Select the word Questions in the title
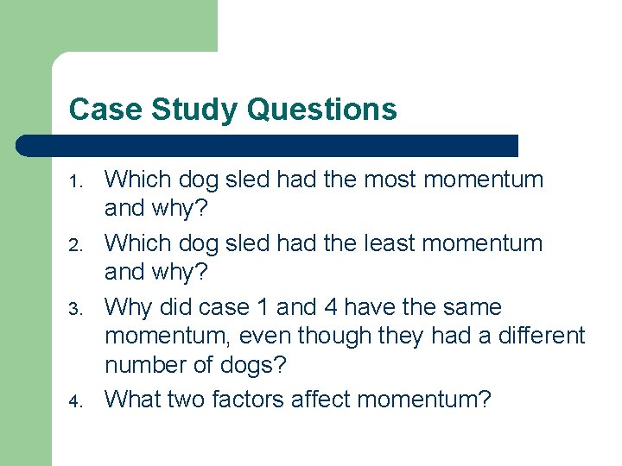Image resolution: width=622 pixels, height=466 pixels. [x=321, y=110]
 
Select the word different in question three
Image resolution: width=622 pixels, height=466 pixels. [x=542, y=336]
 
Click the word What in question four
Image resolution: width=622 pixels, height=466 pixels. [x=133, y=399]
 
